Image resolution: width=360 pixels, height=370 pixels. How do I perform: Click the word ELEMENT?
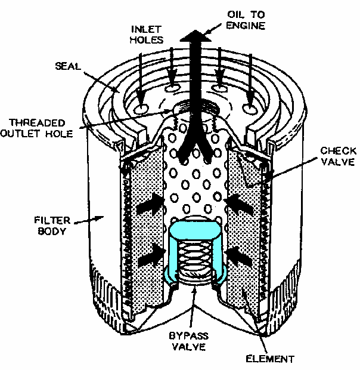(x=269, y=359)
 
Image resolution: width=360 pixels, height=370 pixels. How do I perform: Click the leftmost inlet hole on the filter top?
(x=141, y=109)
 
